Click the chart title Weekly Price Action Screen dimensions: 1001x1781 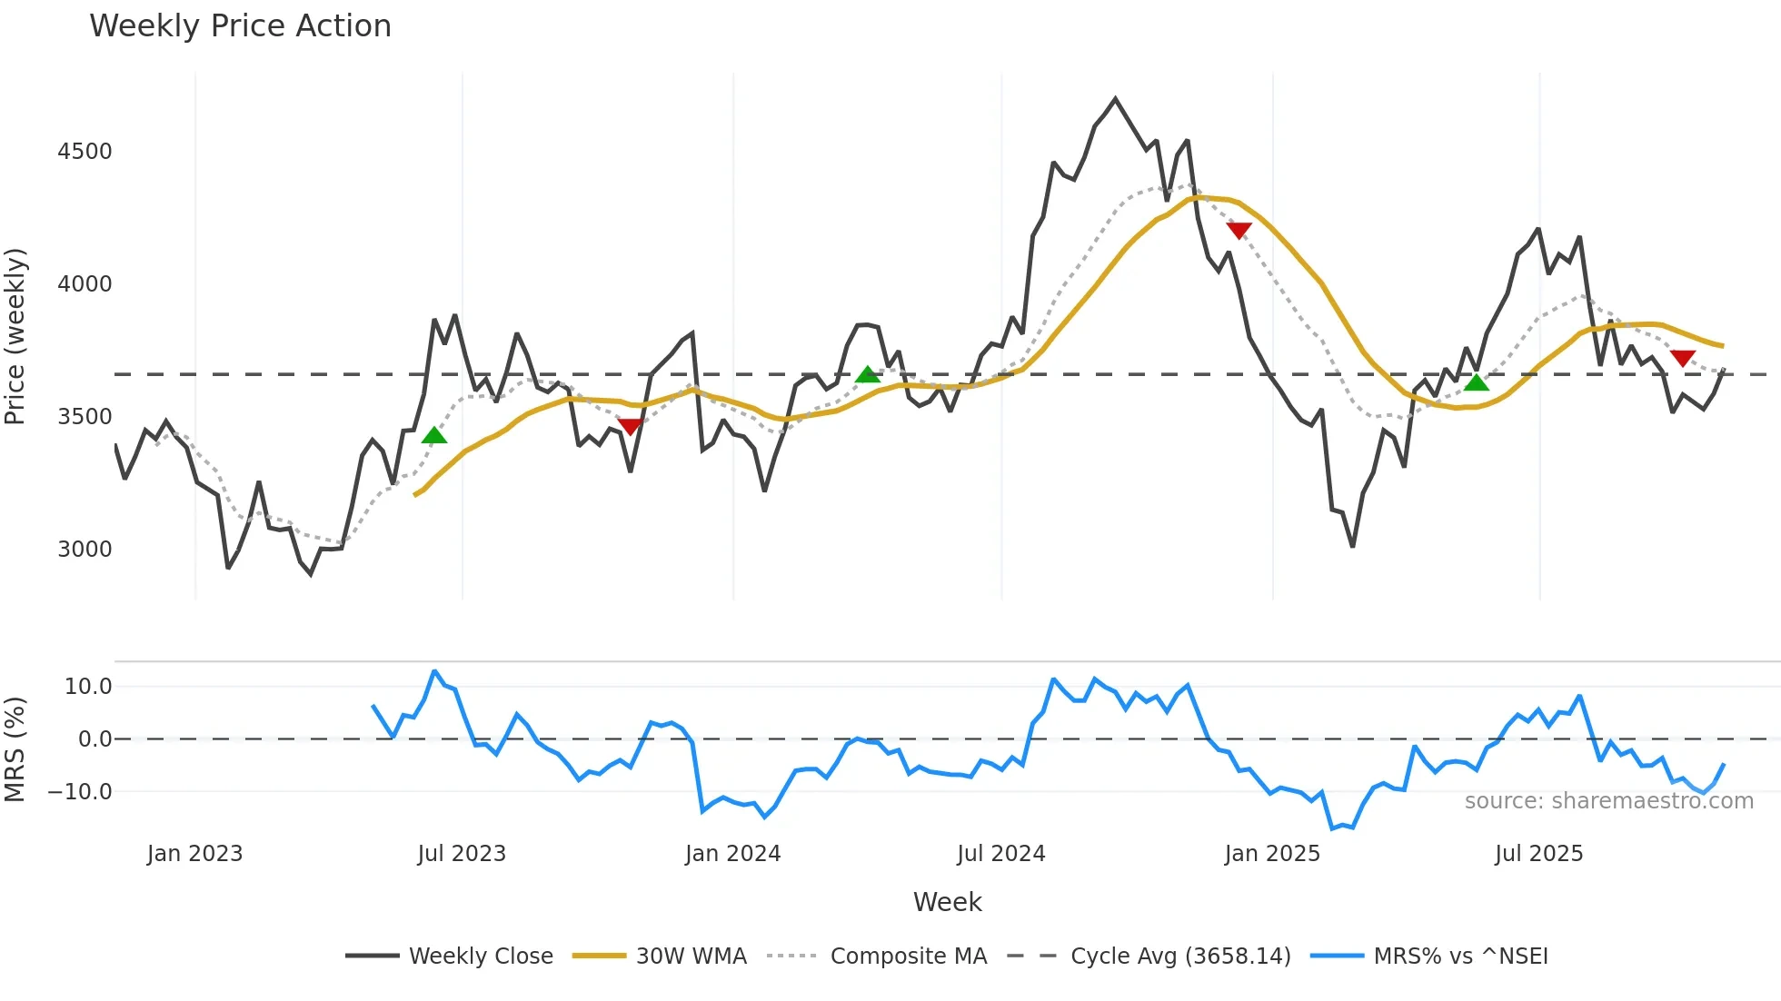(x=240, y=25)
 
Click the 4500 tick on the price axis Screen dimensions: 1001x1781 (x=85, y=151)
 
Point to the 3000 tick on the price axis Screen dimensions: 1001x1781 (x=85, y=549)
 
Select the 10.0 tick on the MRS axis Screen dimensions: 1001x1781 (x=88, y=686)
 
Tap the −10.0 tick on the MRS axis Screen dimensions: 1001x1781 (x=80, y=791)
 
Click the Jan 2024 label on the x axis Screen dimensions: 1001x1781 (x=732, y=853)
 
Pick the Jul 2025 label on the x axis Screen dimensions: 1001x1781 (x=1538, y=853)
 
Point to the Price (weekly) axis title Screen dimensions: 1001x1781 (x=15, y=336)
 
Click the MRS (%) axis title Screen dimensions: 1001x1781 (x=15, y=749)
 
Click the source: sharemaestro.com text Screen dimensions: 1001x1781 (x=1608, y=800)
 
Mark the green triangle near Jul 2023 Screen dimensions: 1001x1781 (x=434, y=435)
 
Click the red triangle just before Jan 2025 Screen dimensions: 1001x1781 (x=1239, y=231)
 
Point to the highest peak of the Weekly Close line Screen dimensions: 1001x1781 (x=1115, y=99)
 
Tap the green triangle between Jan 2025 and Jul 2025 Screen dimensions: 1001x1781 (x=1477, y=382)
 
